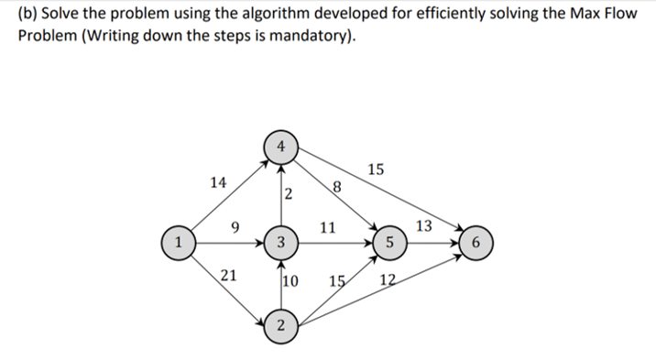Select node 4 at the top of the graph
point(283,146)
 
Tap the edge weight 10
point(293,280)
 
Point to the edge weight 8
point(338,189)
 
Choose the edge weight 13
point(426,226)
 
